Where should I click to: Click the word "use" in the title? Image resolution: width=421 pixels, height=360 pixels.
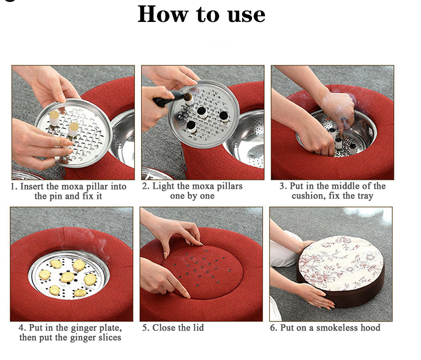point(246,15)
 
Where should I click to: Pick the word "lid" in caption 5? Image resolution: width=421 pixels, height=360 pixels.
point(198,328)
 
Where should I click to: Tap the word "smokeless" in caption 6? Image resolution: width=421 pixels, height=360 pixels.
point(337,328)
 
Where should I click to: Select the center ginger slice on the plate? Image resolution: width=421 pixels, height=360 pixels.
point(67,277)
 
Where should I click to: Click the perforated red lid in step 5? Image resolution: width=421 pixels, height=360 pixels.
point(203,271)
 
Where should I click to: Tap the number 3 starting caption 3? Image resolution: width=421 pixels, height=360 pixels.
point(282,186)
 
